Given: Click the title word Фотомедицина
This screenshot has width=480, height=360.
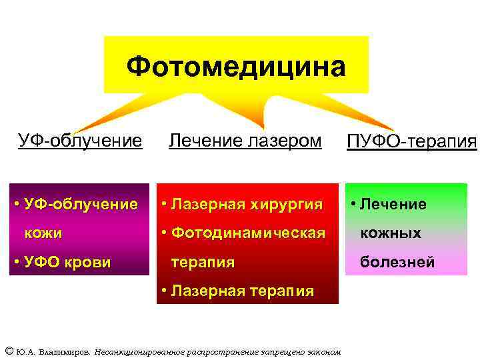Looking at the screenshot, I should [x=236, y=67].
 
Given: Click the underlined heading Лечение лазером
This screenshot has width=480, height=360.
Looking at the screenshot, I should [x=245, y=141].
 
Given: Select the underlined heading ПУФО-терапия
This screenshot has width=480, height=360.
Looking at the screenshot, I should [x=412, y=141].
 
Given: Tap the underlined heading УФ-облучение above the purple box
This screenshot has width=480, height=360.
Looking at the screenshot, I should [x=80, y=141].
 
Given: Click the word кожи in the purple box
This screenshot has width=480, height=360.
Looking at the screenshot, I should [x=43, y=233].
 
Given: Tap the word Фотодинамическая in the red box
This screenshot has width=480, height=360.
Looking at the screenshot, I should [x=248, y=233].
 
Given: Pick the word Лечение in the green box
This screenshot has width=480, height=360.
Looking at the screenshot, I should [x=393, y=204].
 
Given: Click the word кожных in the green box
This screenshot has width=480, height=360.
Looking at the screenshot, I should [x=390, y=233].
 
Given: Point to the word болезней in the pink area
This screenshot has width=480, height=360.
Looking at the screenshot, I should [x=397, y=262].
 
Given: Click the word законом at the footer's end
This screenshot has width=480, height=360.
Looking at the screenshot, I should [x=323, y=351].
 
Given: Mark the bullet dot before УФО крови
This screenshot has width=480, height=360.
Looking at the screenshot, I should [x=16, y=262].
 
